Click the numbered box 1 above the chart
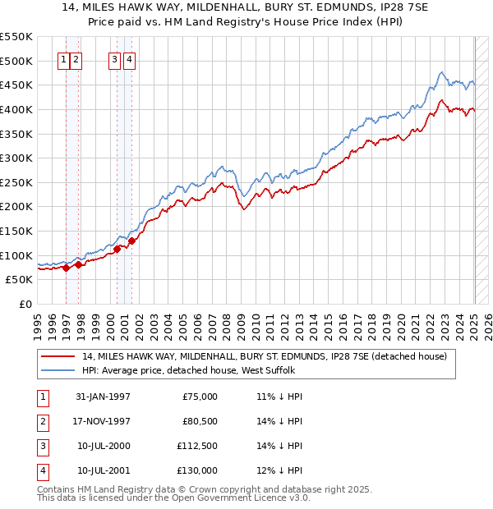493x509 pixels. pos(63,59)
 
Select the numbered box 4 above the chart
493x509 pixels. pos(130,59)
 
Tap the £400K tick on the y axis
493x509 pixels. pos(16,109)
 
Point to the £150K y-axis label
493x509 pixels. pos(16,231)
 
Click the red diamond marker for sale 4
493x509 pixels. pos(131,241)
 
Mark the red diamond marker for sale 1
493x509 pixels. pos(67,268)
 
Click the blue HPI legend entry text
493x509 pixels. pos(193,370)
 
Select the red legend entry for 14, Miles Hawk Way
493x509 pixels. pos(264,356)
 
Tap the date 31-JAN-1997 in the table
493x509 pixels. pos(103,397)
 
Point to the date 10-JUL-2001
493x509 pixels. pos(103,470)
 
